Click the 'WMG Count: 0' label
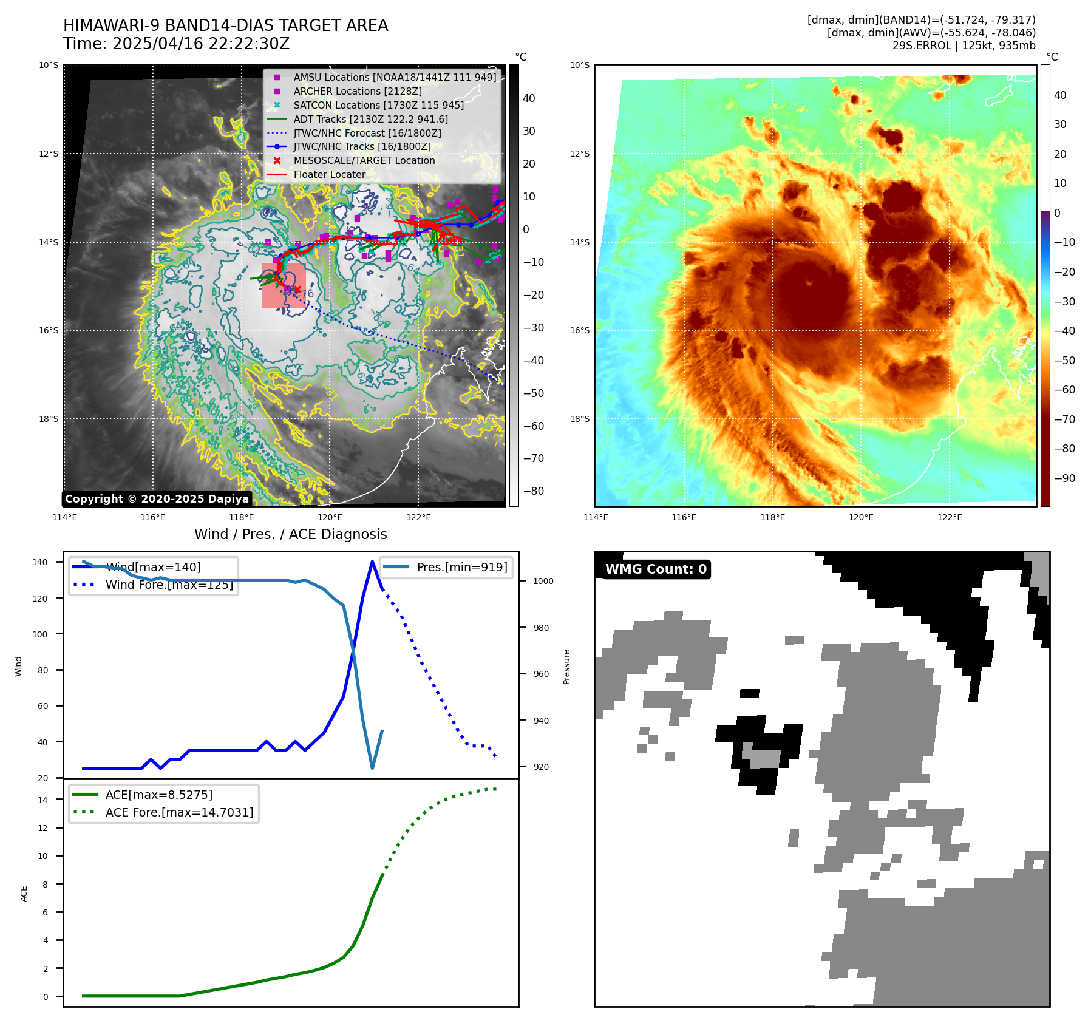click(x=656, y=569)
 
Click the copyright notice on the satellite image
click(x=157, y=499)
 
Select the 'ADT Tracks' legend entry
click(x=370, y=119)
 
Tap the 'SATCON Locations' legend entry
click(x=378, y=105)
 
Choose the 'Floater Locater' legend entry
click(x=329, y=175)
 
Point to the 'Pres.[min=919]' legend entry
click(x=461, y=568)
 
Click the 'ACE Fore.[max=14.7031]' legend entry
click(x=179, y=812)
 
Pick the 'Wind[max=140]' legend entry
click(x=153, y=568)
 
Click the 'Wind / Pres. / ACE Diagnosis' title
click(x=290, y=534)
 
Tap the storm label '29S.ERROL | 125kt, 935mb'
click(x=964, y=46)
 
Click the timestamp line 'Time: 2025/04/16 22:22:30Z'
click(x=176, y=44)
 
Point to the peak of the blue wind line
click(x=372, y=562)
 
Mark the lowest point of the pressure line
click(x=372, y=768)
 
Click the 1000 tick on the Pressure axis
click(x=543, y=581)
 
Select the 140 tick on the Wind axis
click(x=39, y=562)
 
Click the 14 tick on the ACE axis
click(x=42, y=800)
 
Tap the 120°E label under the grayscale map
click(x=330, y=518)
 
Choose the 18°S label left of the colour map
click(x=579, y=419)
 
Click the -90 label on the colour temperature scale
click(x=1064, y=478)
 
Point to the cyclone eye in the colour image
click(x=809, y=282)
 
